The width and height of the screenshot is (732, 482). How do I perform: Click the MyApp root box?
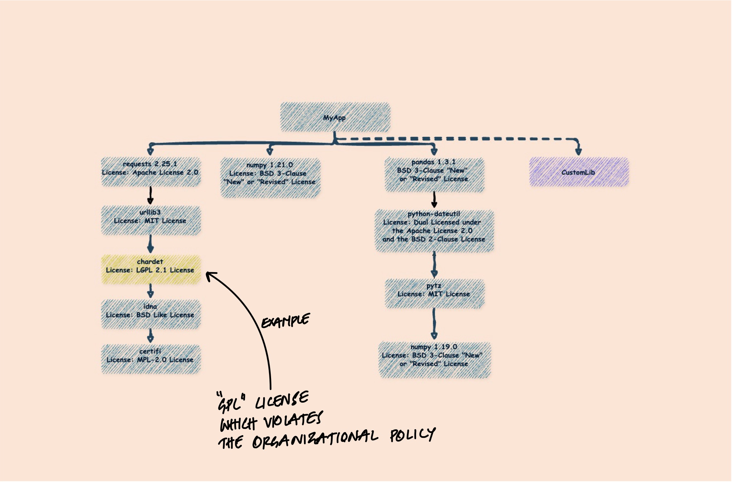point(335,117)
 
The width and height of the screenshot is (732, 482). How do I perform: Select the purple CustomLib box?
point(579,172)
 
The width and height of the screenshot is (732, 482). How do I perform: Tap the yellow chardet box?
point(151,269)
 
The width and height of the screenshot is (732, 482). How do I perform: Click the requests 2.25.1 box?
point(151,172)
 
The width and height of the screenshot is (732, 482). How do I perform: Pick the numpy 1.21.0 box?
point(270,178)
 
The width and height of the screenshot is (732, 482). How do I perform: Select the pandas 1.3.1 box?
point(434,175)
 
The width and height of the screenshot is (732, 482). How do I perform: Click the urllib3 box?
point(151,220)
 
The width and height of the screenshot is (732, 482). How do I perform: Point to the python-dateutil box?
point(434,231)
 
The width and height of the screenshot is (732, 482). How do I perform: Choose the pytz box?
point(434,294)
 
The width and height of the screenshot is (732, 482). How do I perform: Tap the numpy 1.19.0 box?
point(434,359)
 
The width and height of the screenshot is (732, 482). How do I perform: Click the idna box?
point(151,314)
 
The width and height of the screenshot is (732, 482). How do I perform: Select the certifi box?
point(151,359)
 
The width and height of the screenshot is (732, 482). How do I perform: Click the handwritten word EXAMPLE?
point(286,321)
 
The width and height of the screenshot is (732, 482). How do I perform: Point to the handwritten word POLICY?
point(412,435)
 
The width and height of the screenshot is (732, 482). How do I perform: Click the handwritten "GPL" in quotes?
point(231,402)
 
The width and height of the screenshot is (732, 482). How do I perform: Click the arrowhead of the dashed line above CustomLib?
point(578,151)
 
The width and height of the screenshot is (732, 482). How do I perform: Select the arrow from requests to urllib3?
point(151,196)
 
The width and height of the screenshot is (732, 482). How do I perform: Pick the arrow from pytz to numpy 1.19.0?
point(434,324)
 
